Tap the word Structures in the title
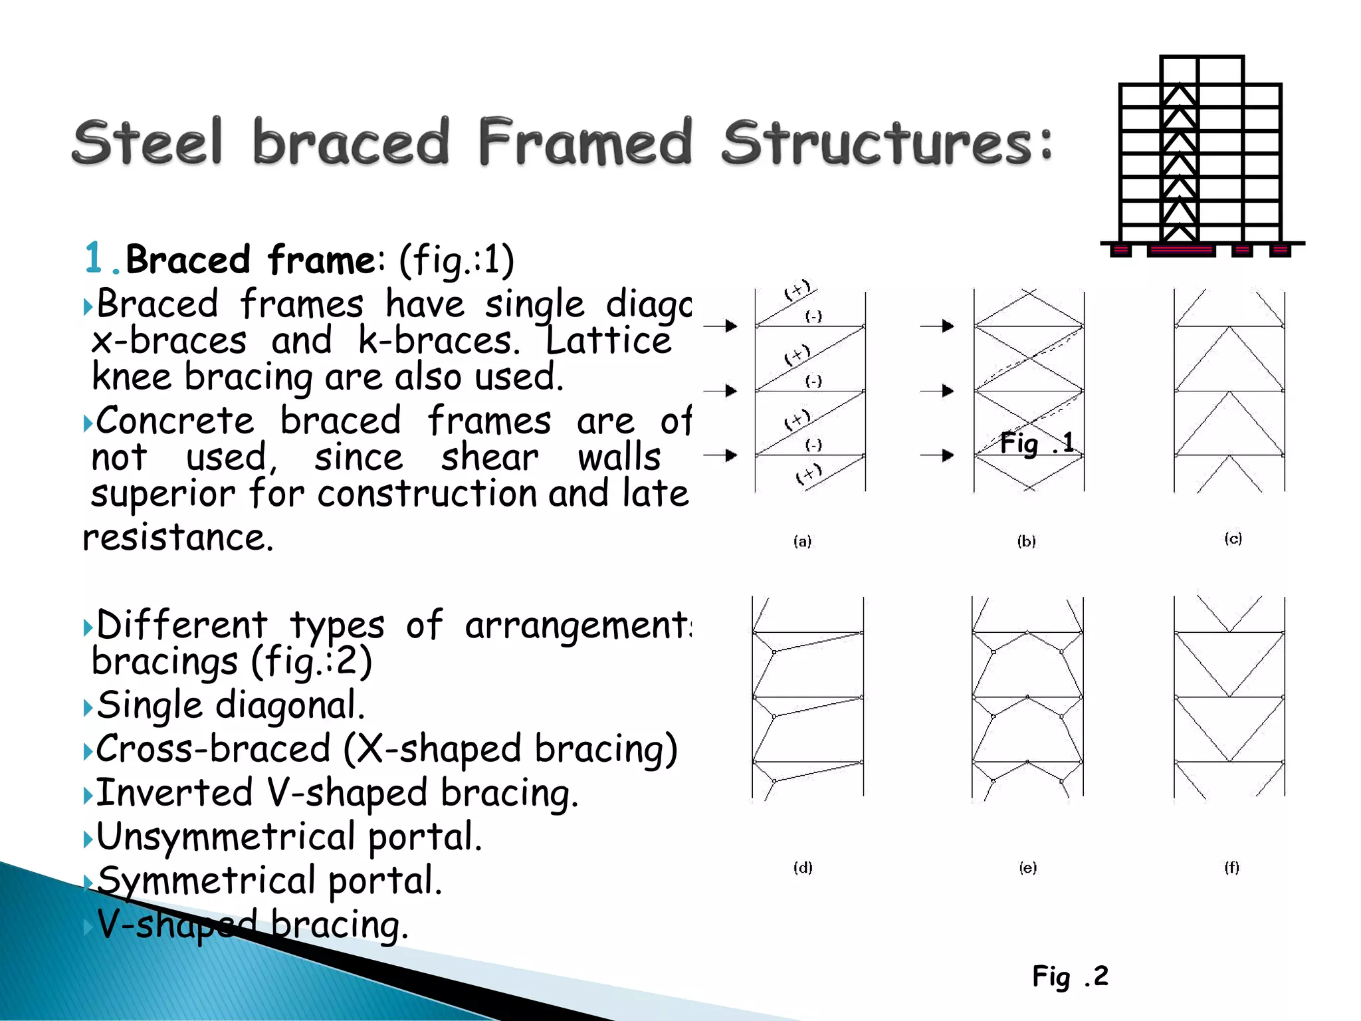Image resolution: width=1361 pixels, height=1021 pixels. click(887, 142)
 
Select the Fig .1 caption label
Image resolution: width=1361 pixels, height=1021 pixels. click(1036, 443)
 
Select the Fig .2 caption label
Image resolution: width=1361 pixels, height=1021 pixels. click(1070, 976)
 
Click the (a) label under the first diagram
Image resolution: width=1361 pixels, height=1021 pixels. click(802, 541)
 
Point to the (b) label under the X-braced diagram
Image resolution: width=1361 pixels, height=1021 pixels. click(1026, 541)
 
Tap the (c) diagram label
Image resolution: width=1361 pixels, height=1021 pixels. click(1233, 538)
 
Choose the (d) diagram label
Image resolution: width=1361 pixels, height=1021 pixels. click(803, 867)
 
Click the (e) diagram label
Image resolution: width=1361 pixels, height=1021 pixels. click(1027, 867)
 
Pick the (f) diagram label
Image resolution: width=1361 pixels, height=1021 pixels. click(1231, 867)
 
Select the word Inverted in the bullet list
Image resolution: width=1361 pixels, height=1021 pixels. click(174, 792)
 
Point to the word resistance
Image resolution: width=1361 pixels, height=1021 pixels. click(177, 537)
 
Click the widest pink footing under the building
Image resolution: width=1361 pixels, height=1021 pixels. click(1181, 251)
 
